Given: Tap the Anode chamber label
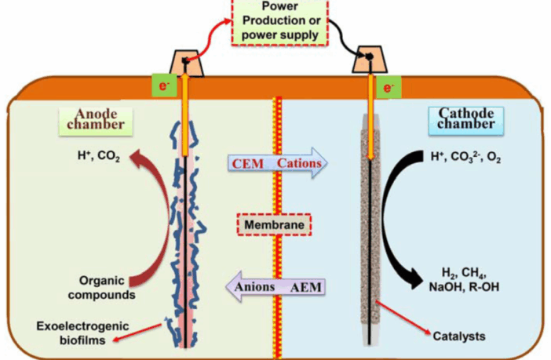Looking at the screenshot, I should [95, 120].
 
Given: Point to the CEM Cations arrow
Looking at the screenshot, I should [275, 163].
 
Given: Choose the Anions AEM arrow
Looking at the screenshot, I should [275, 286].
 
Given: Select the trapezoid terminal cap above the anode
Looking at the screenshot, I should [185, 63].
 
